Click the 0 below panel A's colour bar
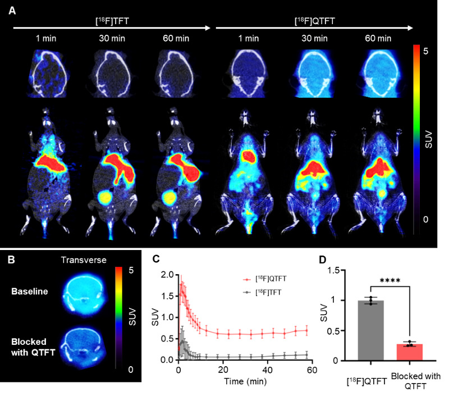(x=427, y=219)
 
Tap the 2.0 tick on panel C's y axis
(x=166, y=275)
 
